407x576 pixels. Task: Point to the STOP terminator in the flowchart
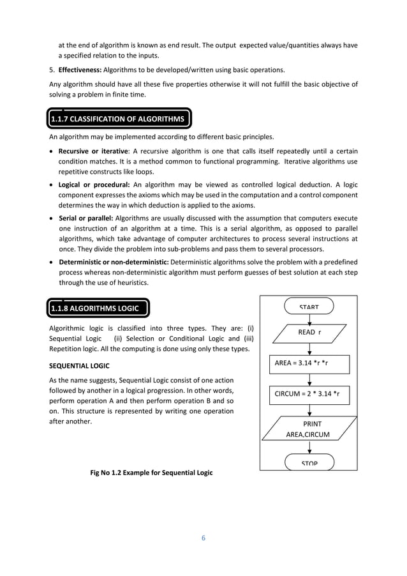point(309,462)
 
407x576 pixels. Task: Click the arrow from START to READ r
point(309,318)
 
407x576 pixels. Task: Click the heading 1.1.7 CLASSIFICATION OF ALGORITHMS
point(118,119)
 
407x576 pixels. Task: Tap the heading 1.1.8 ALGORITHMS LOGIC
point(98,309)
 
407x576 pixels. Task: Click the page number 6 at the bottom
point(204,537)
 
